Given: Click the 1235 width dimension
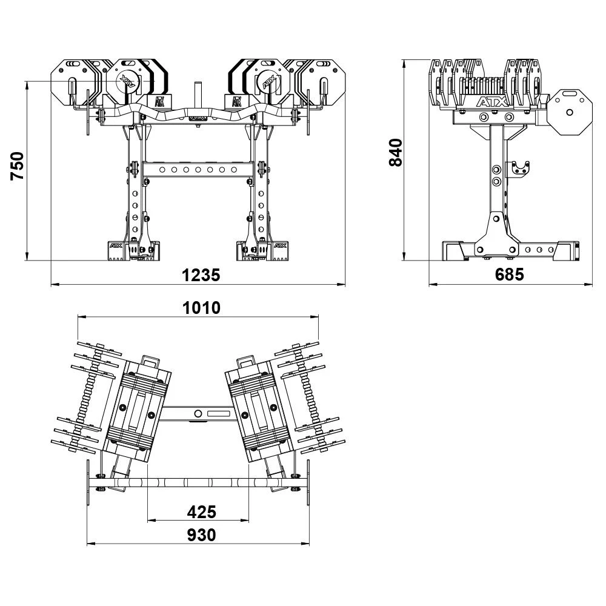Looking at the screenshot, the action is pyautogui.click(x=201, y=275).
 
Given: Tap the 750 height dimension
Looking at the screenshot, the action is pyautogui.click(x=18, y=165).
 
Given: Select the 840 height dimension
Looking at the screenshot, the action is pyautogui.click(x=396, y=152).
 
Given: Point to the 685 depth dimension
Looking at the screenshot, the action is pyautogui.click(x=510, y=275).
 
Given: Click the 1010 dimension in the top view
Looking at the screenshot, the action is pyautogui.click(x=201, y=308).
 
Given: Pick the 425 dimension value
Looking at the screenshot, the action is pyautogui.click(x=201, y=512).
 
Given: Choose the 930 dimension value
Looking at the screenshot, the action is pyautogui.click(x=201, y=535).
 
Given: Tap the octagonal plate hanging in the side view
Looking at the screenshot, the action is pyautogui.click(x=570, y=112).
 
